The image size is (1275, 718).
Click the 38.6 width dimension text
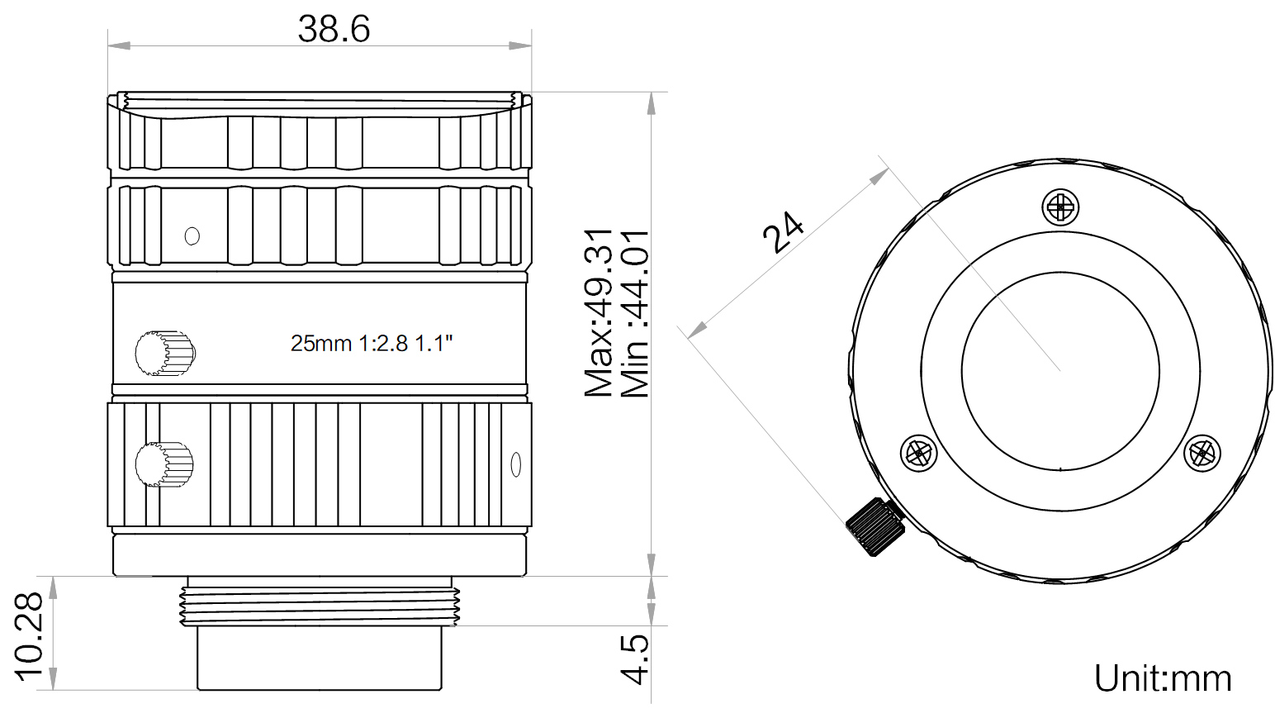pos(334,30)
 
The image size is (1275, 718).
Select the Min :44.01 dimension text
pos(635,314)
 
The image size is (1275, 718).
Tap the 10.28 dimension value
pos(29,635)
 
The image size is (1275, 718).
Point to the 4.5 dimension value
pos(635,659)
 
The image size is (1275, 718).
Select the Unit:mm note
pos(1162,678)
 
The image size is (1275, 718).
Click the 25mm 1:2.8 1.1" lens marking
pos(372,343)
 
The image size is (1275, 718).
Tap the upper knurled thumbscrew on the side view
pos(164,354)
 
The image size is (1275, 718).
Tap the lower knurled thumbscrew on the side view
pos(164,464)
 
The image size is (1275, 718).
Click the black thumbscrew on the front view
pos(875,526)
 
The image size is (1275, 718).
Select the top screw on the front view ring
pos(1061,206)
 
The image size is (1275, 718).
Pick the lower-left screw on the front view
pos(917,453)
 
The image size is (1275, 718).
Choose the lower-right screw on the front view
pos(1202,454)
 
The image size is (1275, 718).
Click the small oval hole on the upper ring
pos(192,236)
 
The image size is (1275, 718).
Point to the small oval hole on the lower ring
pos(516,464)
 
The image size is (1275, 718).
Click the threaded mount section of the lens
pos(319,606)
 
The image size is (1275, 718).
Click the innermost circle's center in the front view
pos(1060,369)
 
